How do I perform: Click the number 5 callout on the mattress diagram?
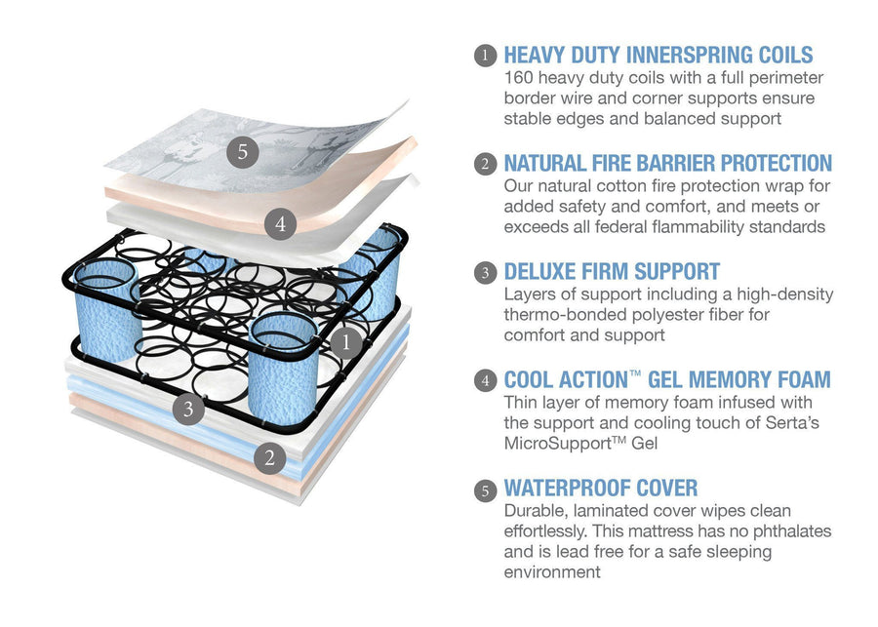(x=243, y=151)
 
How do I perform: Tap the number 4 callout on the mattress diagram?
(x=280, y=224)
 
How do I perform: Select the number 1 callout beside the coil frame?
(x=345, y=341)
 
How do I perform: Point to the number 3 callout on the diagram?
(x=188, y=409)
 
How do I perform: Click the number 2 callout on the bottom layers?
(x=270, y=457)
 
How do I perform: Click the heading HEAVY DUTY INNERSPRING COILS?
(x=658, y=55)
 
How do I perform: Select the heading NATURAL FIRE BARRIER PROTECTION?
(x=668, y=163)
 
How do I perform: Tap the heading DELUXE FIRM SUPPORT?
(x=612, y=271)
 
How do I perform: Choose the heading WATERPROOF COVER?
(x=601, y=488)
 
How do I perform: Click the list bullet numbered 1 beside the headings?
(x=485, y=56)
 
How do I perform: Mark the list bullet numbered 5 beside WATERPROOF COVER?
(x=485, y=490)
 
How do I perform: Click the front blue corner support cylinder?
(x=283, y=370)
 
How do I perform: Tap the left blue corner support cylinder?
(x=106, y=311)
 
